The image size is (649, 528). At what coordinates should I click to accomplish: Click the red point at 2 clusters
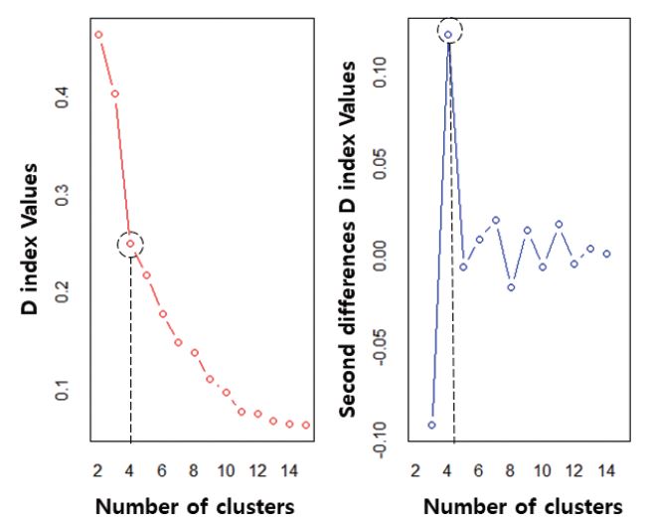pyautogui.click(x=98, y=35)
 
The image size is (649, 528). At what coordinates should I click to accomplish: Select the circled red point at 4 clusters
pyautogui.click(x=130, y=244)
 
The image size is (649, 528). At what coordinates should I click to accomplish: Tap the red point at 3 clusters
pyautogui.click(x=114, y=93)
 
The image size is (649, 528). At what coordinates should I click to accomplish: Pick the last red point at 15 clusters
pyautogui.click(x=306, y=425)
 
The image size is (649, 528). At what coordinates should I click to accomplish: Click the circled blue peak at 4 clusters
pyautogui.click(x=448, y=35)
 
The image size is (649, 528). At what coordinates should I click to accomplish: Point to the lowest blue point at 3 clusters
pyautogui.click(x=431, y=425)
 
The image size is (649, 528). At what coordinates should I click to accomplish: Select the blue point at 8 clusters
pyautogui.click(x=511, y=287)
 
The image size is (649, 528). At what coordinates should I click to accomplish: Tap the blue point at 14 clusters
pyautogui.click(x=606, y=254)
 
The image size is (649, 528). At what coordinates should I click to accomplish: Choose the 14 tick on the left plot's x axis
pyautogui.click(x=289, y=470)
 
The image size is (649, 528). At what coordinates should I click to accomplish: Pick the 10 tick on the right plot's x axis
pyautogui.click(x=543, y=470)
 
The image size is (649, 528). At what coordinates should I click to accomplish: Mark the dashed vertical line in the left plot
pyautogui.click(x=130, y=348)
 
